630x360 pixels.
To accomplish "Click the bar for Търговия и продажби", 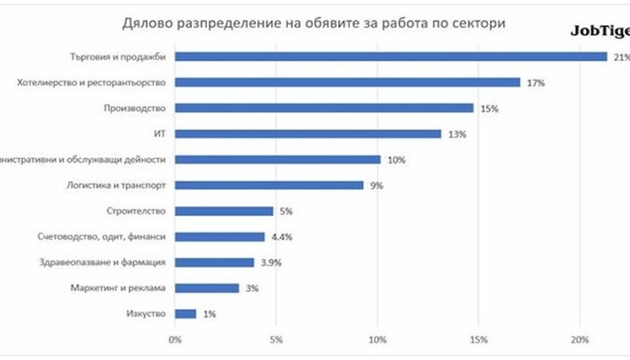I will point(390,57).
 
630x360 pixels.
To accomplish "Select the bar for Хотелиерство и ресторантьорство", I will point(347,82).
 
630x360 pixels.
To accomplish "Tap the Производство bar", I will point(324,108).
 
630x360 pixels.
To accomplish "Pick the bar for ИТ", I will point(308,134).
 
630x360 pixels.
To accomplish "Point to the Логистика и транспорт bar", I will point(269,185).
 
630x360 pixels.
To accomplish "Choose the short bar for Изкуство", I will point(186,313).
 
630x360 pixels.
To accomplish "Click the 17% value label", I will point(535,83).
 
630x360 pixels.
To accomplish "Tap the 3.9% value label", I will point(270,263).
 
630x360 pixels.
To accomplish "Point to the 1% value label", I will point(210,314).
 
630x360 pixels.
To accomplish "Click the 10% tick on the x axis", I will point(377,338).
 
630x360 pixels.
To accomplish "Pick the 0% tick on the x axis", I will point(176,338).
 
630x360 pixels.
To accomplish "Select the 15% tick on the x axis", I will point(479,338).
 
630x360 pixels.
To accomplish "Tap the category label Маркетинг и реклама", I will point(122,288).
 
